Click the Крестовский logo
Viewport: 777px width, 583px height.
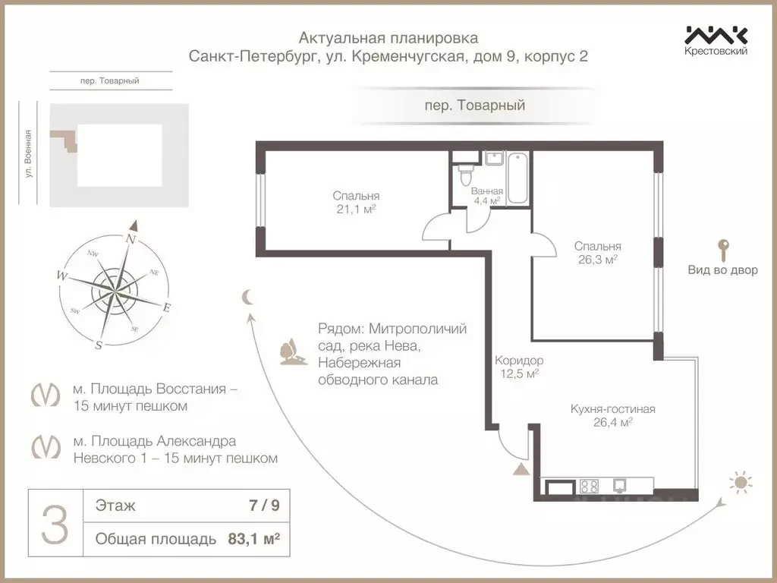pos(716,39)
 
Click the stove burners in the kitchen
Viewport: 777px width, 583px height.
pos(589,486)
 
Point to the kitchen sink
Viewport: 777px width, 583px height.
pos(620,486)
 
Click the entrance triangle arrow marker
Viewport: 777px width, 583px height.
pos(521,468)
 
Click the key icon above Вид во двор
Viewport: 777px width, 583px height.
pos(722,248)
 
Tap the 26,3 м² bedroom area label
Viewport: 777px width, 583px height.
pos(598,259)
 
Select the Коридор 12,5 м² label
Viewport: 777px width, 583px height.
pos(519,367)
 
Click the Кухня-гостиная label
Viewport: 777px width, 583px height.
pos(612,409)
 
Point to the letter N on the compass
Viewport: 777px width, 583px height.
pos(131,238)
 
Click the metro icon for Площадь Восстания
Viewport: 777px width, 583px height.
pos(46,397)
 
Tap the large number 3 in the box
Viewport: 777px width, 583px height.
pos(54,524)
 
